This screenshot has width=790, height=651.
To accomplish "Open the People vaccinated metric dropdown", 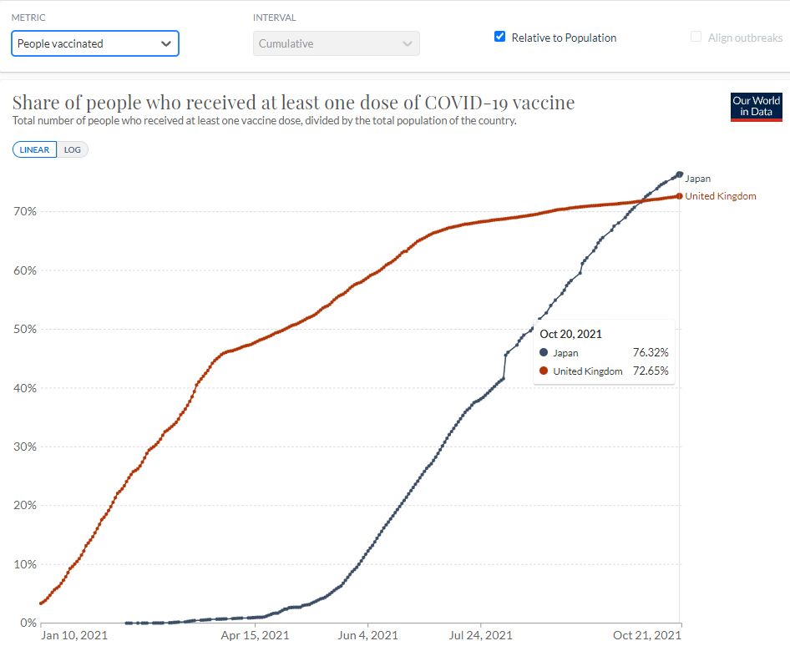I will (x=94, y=43).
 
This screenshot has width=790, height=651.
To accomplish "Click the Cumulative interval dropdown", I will (x=336, y=43).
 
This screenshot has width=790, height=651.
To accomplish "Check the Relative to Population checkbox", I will (x=500, y=37).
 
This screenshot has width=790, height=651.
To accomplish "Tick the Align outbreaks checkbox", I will (x=696, y=37).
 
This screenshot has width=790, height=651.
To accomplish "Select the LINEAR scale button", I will (x=34, y=149).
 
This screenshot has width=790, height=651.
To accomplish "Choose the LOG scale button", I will (x=73, y=149).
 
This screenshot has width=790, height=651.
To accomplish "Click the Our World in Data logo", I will (x=756, y=107).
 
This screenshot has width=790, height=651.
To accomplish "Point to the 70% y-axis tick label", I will (x=25, y=211).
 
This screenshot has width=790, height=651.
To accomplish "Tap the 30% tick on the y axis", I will (x=25, y=447).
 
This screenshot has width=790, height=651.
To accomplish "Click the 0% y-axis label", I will (x=28, y=623).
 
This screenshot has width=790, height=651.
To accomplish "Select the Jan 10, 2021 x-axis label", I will (x=74, y=636).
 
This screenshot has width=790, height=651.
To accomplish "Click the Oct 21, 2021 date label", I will (x=647, y=636).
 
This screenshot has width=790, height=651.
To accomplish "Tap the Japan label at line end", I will (x=698, y=179).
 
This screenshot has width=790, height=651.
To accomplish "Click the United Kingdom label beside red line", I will (x=721, y=196).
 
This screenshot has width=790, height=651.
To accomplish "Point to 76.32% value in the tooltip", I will (x=651, y=353).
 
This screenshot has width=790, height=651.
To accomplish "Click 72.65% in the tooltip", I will (x=651, y=371).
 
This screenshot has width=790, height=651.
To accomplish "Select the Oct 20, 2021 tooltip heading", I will (x=570, y=334).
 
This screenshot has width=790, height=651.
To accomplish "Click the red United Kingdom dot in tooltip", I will (x=544, y=371).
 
